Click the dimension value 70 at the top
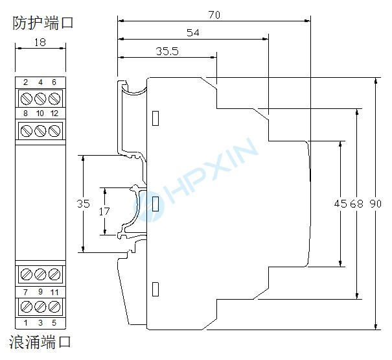[x=214, y=14]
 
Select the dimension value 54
[x=192, y=32]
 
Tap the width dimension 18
[x=39, y=43]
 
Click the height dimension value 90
[x=376, y=204]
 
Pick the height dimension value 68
[x=356, y=204]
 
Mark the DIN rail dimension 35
[x=84, y=204]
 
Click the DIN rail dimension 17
[x=104, y=210]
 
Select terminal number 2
[x=25, y=82]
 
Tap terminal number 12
[x=54, y=114]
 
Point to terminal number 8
[x=25, y=114]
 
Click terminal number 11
[x=54, y=292]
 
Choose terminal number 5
[x=54, y=322]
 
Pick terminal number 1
[x=26, y=322]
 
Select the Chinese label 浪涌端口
[x=40, y=341]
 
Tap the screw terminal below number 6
[x=54, y=99]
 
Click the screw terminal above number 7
[x=26, y=274]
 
